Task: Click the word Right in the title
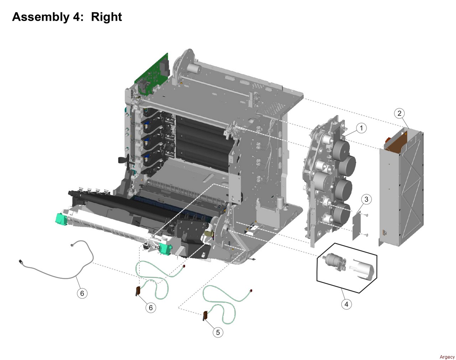click(107, 17)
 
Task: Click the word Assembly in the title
click(41, 17)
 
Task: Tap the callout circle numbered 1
click(361, 128)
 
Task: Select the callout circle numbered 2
click(399, 113)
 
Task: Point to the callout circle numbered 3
click(366, 199)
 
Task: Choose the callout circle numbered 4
click(346, 304)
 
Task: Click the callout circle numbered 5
click(218, 332)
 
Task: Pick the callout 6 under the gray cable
click(82, 293)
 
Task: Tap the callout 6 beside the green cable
click(151, 307)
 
